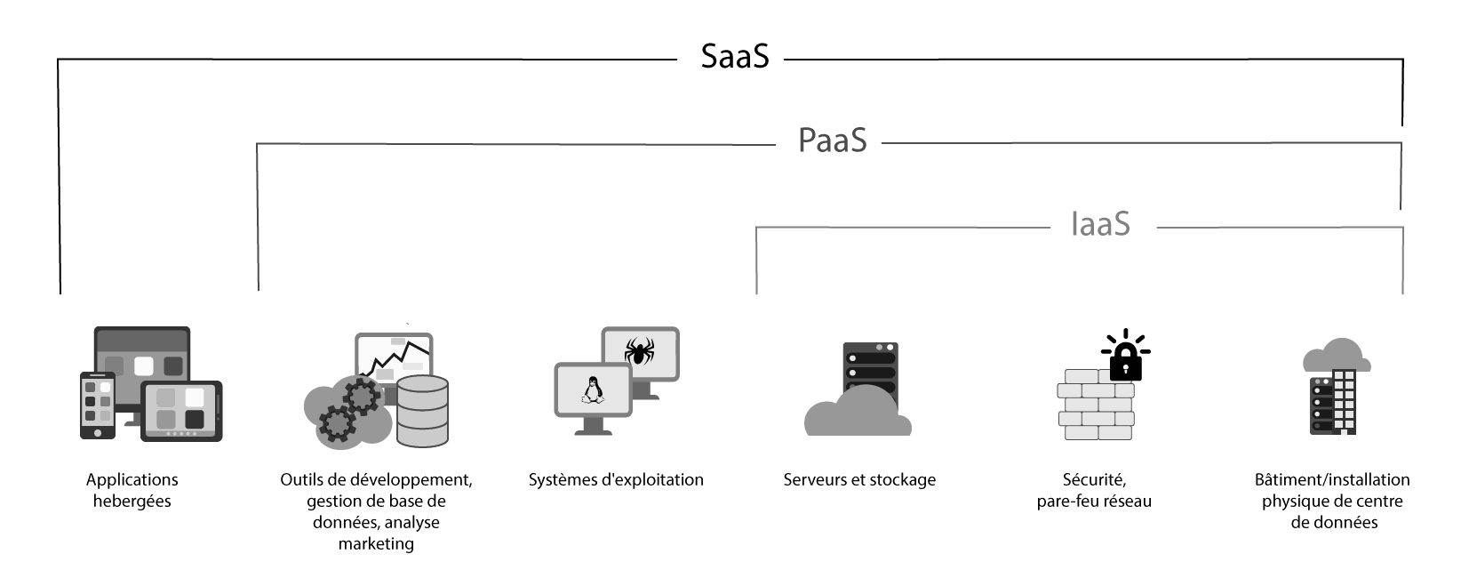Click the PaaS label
(832, 140)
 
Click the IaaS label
(1100, 224)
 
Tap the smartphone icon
(98, 405)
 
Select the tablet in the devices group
(182, 411)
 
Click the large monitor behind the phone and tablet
(142, 351)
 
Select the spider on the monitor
(639, 352)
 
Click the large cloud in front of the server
(858, 413)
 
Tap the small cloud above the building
(1337, 355)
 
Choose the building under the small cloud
(1333, 402)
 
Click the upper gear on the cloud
(362, 395)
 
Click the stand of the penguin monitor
(593, 427)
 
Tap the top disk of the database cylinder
(422, 385)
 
